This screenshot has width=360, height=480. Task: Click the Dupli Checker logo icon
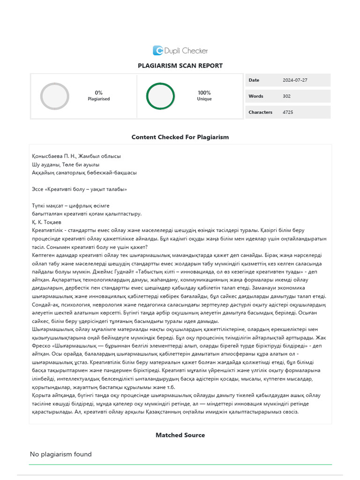(158, 51)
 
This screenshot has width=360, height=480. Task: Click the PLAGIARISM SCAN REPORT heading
(180, 66)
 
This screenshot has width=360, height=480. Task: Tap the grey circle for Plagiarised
(55, 96)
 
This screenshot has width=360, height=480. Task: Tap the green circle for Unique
(160, 96)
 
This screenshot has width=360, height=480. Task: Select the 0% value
(98, 93)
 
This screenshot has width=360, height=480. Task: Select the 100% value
(204, 93)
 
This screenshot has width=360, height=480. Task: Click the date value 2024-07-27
(295, 80)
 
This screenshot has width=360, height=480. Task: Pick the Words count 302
(287, 96)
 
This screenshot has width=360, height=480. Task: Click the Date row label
(254, 80)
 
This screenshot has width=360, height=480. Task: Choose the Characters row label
(260, 112)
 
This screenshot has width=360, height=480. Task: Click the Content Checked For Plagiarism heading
(180, 137)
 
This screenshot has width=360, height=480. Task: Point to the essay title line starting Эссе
(79, 189)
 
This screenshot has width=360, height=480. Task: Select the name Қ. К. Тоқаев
(46, 222)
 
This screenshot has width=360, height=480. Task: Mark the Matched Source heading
(180, 435)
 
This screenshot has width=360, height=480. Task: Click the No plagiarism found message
(61, 454)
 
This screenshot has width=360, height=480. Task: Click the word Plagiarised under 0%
(98, 99)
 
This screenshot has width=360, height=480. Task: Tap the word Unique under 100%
(204, 99)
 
